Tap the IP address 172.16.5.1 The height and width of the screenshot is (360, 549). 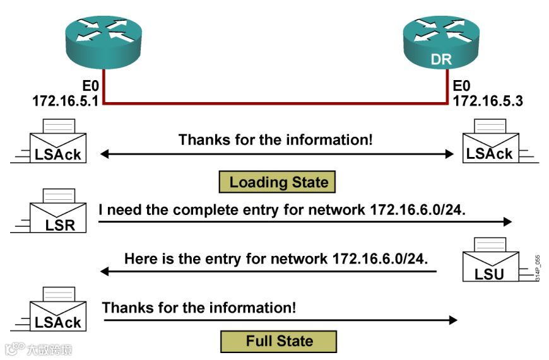tap(66, 100)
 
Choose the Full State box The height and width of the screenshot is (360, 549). tap(278, 341)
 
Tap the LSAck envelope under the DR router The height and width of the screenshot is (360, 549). tap(490, 142)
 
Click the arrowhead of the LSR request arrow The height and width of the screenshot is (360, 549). tap(507, 221)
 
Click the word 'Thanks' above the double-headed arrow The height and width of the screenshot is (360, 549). tap(201, 139)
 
